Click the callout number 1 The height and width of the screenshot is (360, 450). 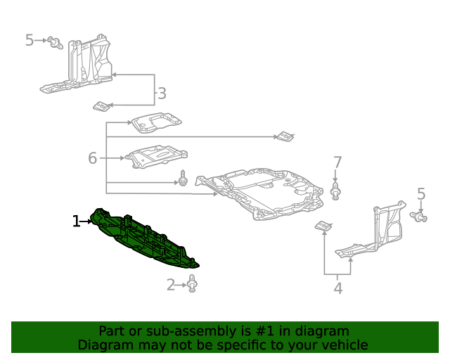click(76, 221)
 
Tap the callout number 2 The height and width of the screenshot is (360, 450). click(171, 285)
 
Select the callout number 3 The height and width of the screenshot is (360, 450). click(162, 93)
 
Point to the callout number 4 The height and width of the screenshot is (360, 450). click(338, 288)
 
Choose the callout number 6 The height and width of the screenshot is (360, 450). click(92, 158)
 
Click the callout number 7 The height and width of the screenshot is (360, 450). click(337, 162)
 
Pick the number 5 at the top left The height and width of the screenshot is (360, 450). click(29, 40)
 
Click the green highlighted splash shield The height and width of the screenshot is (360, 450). click(144, 239)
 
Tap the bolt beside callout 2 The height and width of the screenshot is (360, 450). click(193, 284)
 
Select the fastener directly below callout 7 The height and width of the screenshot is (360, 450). click(336, 191)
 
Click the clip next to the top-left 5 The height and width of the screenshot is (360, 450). click(55, 43)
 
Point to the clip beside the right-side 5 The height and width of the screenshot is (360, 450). click(422, 219)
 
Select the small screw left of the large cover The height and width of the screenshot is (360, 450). click(183, 179)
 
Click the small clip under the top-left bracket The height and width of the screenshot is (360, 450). click(102, 106)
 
